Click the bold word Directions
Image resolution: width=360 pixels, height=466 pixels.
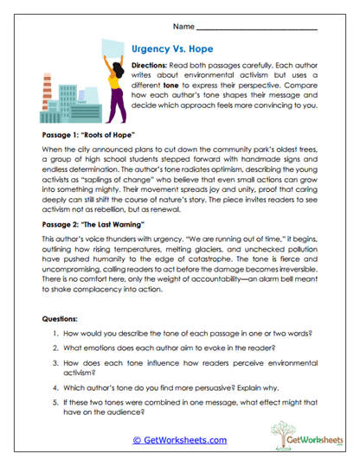pyautogui.click(x=152, y=66)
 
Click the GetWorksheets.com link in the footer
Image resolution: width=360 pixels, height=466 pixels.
pyautogui.click(x=180, y=440)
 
